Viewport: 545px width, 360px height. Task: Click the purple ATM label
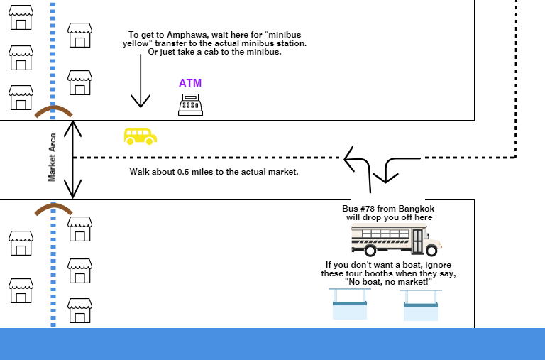pos(190,83)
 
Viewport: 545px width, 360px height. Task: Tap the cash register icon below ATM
pos(190,104)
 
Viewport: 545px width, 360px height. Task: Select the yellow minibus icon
pos(140,136)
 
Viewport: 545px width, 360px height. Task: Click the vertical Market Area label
pos(53,160)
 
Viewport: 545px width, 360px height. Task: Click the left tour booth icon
pos(349,303)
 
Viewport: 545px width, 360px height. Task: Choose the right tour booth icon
pos(420,303)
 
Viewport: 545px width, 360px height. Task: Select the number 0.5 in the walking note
pos(205,172)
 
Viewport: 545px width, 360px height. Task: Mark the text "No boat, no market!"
pos(388,283)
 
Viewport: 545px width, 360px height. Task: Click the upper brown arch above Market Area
pos(53,111)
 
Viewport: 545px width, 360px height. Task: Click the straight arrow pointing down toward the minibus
pos(141,82)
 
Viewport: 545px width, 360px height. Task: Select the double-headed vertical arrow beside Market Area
pos(73,160)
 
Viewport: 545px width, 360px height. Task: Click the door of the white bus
pos(419,239)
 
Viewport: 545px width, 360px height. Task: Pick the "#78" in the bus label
pos(369,209)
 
